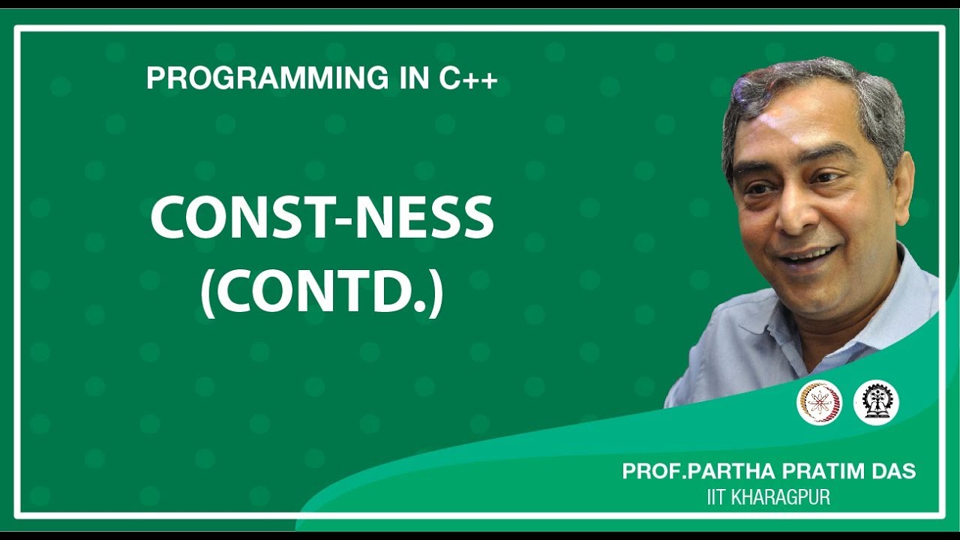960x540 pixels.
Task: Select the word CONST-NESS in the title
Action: click(322, 218)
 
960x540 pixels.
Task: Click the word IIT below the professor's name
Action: click(716, 496)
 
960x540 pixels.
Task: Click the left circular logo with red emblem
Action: click(819, 403)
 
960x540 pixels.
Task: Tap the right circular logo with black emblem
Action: click(876, 403)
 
